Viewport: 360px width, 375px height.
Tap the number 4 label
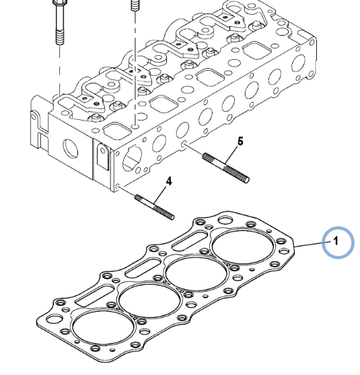click(x=168, y=181)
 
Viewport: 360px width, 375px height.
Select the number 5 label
click(x=239, y=141)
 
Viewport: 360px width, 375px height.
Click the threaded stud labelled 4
click(x=155, y=206)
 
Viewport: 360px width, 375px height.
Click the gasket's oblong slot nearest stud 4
click(x=91, y=297)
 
